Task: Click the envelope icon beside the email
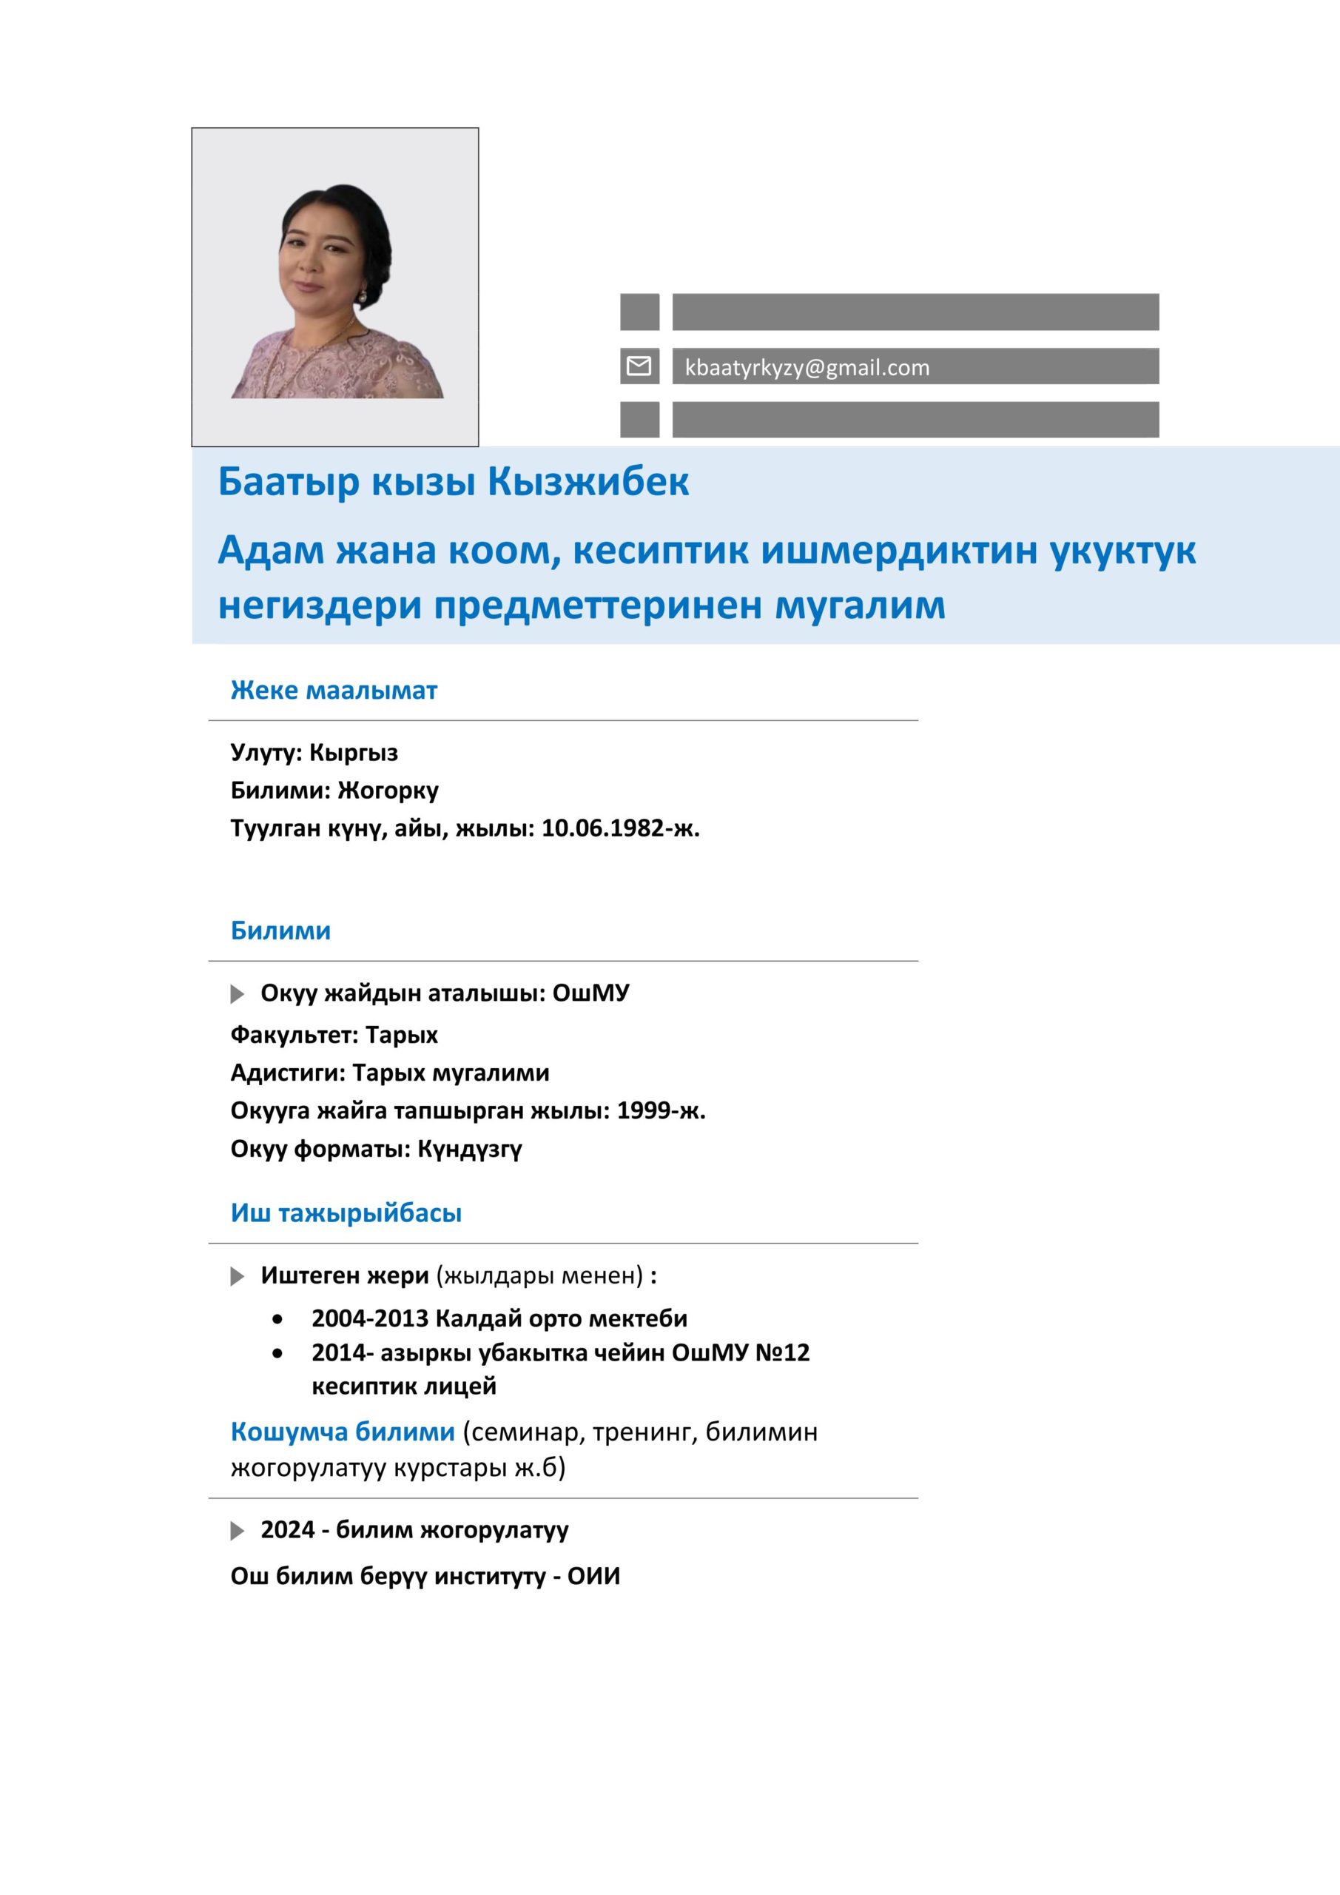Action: (x=639, y=366)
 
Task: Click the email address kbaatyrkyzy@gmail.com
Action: (x=807, y=368)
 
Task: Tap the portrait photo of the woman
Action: (x=335, y=287)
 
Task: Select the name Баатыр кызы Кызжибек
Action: (x=453, y=481)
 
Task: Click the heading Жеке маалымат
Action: (x=334, y=690)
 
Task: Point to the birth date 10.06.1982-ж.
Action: (x=619, y=828)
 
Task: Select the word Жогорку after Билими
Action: (x=388, y=791)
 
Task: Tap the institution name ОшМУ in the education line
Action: (x=590, y=993)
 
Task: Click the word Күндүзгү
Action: (x=470, y=1149)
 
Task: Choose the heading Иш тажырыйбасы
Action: (x=346, y=1213)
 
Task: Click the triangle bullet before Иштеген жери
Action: (x=238, y=1277)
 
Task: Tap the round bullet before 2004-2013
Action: (x=277, y=1319)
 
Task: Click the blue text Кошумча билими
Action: (x=343, y=1432)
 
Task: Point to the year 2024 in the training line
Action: (x=287, y=1530)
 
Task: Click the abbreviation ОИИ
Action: (x=593, y=1577)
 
